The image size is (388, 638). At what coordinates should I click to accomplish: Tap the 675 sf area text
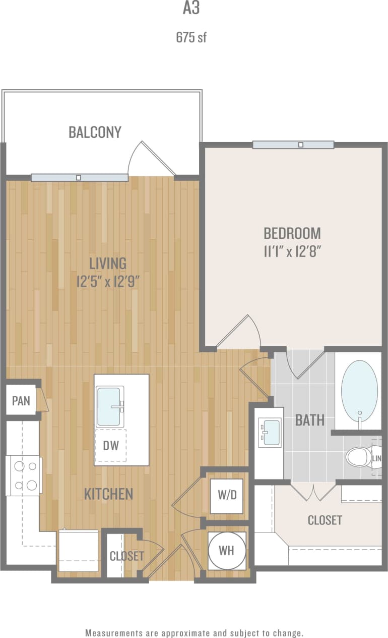coord(191,37)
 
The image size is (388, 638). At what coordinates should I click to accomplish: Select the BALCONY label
coord(95,132)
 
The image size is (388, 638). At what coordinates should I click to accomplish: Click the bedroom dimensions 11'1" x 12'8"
coord(292,251)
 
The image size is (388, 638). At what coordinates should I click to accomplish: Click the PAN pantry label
coord(21,401)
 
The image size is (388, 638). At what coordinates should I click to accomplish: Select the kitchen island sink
coord(109,406)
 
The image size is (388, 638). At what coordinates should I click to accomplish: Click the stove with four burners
coord(24,475)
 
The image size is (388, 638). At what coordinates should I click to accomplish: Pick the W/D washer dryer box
coord(227,495)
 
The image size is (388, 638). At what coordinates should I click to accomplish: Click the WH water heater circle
coord(227,550)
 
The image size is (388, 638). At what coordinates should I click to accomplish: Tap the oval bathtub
coord(359,390)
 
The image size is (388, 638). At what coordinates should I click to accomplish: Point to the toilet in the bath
coord(358,457)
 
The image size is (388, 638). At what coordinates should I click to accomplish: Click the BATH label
coord(309,420)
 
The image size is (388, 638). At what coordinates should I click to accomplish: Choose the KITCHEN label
coord(108,494)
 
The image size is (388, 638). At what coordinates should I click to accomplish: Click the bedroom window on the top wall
coord(293,145)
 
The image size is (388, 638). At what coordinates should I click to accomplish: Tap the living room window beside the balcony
coord(80,178)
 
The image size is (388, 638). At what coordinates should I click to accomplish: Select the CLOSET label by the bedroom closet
coord(325,520)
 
